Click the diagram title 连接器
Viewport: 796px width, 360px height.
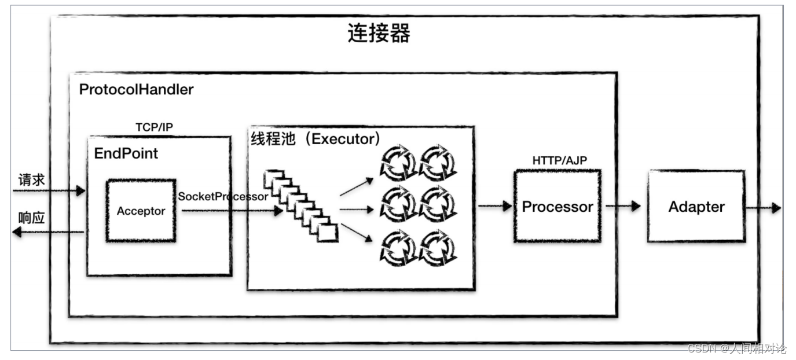[379, 34]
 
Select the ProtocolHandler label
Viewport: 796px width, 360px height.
[136, 90]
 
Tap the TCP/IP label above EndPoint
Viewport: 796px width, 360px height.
[154, 127]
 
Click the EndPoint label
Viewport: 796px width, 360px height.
[126, 153]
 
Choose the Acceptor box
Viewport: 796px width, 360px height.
[141, 211]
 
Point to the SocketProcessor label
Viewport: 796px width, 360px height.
[223, 196]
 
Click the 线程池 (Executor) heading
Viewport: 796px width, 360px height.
[316, 139]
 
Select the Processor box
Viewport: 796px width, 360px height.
[557, 207]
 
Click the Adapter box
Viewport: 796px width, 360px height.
[696, 207]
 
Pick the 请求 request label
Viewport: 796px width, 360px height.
[31, 180]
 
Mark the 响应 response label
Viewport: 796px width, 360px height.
[31, 218]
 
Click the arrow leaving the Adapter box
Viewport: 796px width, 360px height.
[764, 207]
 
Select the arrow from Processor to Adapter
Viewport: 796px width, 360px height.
[623, 206]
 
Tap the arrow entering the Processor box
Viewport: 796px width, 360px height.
[495, 205]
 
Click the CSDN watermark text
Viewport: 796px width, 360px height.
[736, 348]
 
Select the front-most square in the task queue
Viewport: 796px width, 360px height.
[328, 233]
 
